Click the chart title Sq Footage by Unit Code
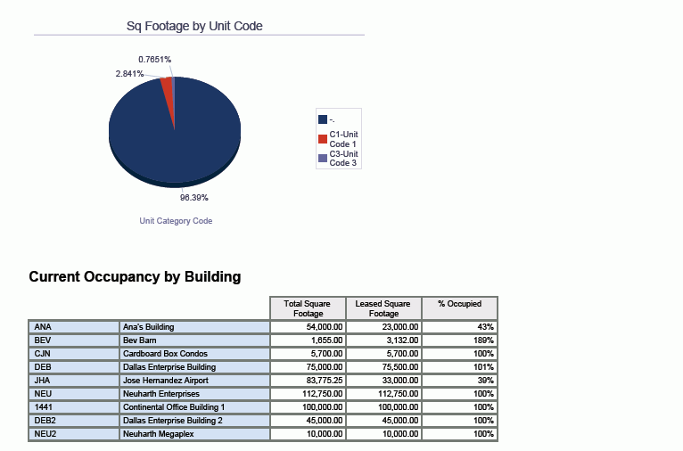pos(194,27)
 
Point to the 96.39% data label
pos(194,198)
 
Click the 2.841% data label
pos(129,74)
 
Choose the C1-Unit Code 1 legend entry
pos(342,139)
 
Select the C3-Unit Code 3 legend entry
pos(342,159)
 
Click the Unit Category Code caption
pos(176,221)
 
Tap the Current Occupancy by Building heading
pos(135,277)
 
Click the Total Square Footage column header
pos(307,308)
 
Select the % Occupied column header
pos(459,304)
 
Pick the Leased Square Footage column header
pos(383,308)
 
